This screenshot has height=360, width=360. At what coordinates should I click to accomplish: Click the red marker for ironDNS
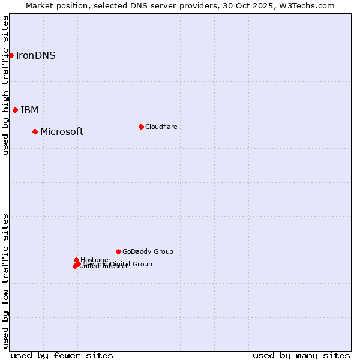11,55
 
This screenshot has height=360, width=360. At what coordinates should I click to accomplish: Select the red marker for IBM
16,110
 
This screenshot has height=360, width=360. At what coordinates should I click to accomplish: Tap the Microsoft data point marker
35,131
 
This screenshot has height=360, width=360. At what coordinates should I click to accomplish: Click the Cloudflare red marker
141,127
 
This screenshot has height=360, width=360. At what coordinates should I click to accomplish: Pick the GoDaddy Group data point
118,251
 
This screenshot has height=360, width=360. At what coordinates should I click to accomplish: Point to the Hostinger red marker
76,260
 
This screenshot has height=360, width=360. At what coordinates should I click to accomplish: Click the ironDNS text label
36,56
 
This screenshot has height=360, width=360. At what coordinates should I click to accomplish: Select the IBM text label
29,110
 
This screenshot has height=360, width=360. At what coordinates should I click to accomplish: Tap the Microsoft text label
62,132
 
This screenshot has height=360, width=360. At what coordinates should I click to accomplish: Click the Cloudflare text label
161,127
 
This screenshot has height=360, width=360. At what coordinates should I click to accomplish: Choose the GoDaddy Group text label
148,252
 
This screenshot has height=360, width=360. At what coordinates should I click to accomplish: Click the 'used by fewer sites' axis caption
62,355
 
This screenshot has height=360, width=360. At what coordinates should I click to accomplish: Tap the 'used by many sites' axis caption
301,355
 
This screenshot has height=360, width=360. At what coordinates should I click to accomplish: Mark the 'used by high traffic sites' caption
5,85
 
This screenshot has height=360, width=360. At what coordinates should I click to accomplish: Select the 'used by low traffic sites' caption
5,281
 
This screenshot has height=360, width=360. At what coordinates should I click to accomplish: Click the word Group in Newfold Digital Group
141,264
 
